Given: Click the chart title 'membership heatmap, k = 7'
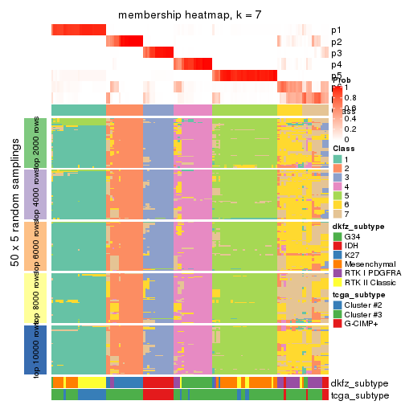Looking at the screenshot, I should (190, 15).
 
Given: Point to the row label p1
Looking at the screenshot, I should (336, 31).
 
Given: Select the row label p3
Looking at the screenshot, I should (336, 53).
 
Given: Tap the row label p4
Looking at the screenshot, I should (336, 64).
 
